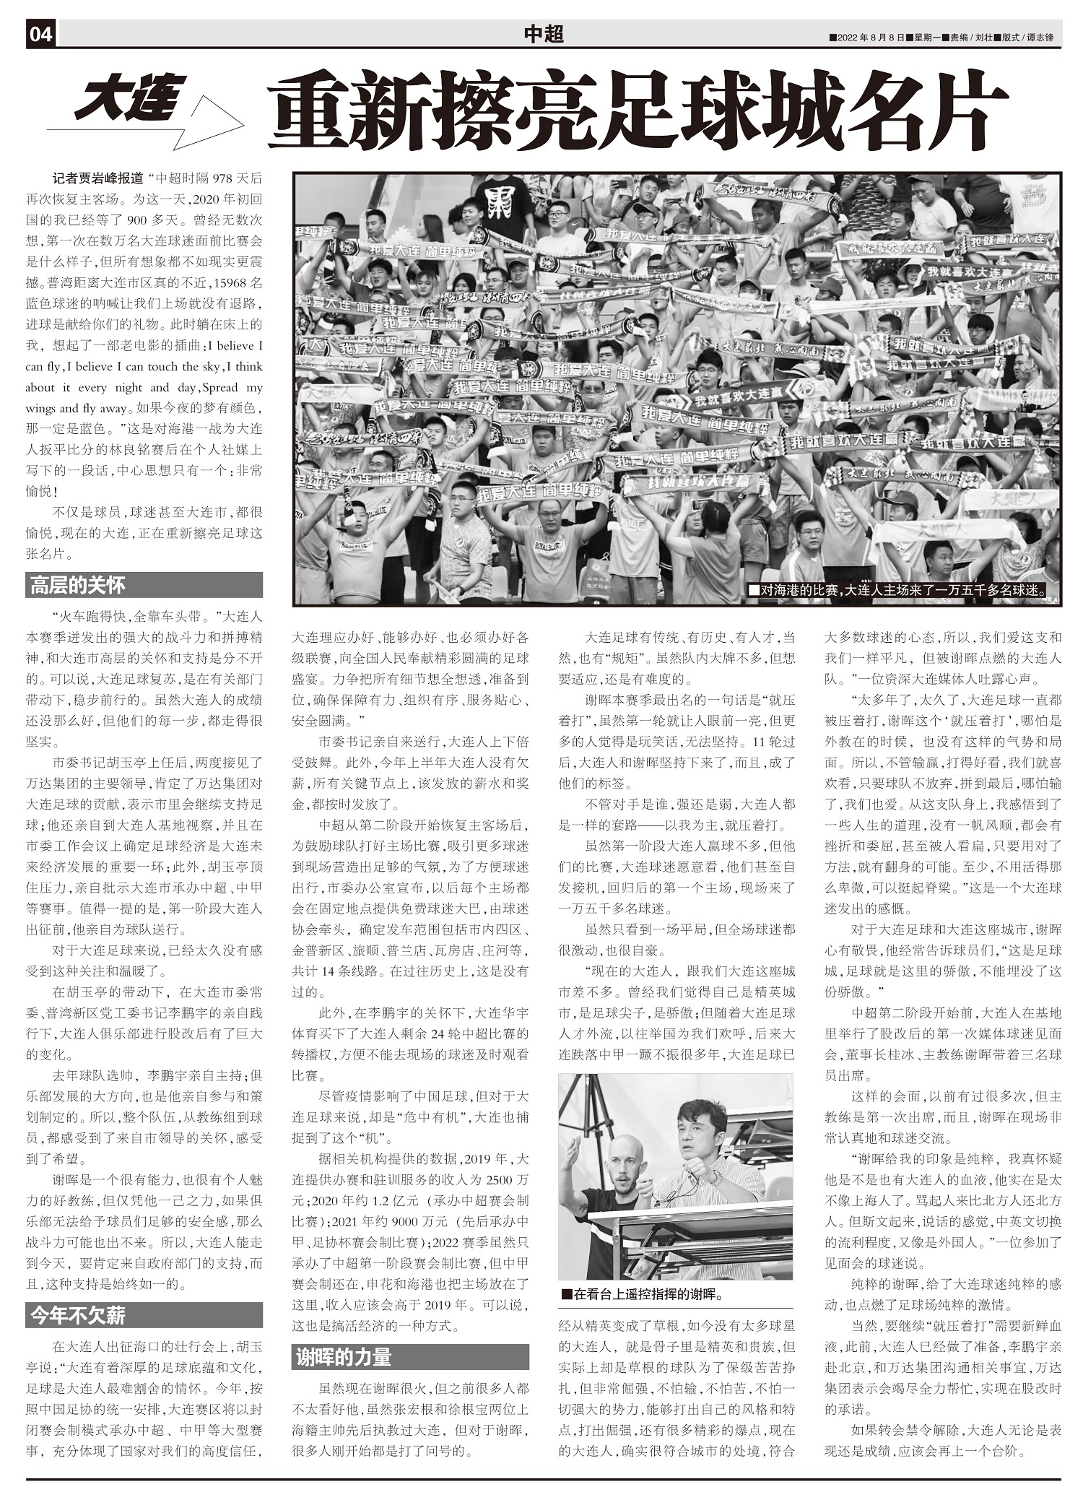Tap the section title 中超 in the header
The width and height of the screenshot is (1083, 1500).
pyautogui.click(x=543, y=33)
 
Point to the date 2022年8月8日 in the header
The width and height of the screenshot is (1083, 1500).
pyautogui.click(x=870, y=38)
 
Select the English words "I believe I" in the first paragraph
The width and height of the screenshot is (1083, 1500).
pyautogui.click(x=235, y=345)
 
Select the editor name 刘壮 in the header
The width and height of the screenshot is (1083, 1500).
pyautogui.click(x=983, y=38)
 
